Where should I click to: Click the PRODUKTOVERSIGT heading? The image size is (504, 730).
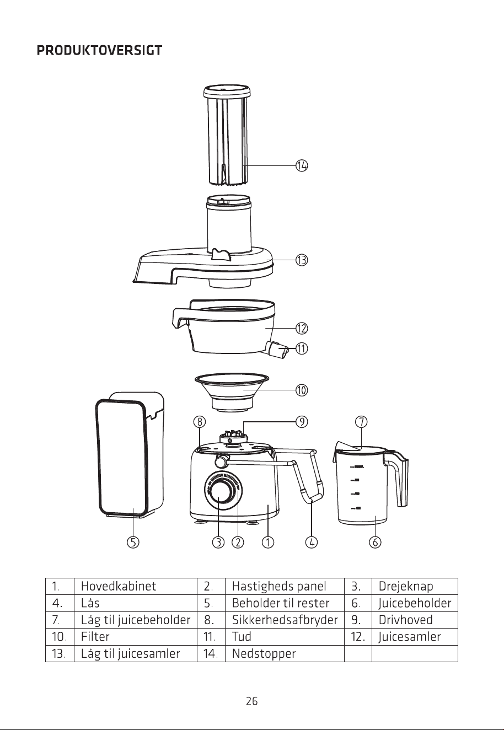point(99,51)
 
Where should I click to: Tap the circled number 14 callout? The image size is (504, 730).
point(302,165)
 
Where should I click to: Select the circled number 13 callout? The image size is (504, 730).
point(302,260)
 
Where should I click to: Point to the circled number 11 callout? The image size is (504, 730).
point(302,348)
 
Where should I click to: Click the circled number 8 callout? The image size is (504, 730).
point(200,422)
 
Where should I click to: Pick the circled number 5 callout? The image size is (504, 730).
point(133,542)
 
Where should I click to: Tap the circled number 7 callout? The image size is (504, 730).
point(361,422)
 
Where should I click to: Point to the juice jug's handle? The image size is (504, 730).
point(396,477)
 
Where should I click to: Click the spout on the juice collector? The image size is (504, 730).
point(278,350)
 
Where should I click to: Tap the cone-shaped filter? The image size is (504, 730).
point(232,392)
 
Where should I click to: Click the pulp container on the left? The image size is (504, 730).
point(130,455)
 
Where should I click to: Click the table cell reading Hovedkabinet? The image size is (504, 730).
point(119,586)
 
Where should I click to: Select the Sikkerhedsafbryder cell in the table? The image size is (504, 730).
point(285,620)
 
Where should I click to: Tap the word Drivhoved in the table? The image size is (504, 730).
point(405,620)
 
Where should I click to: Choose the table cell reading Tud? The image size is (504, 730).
point(242,636)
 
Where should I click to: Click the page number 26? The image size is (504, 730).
point(252,701)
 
